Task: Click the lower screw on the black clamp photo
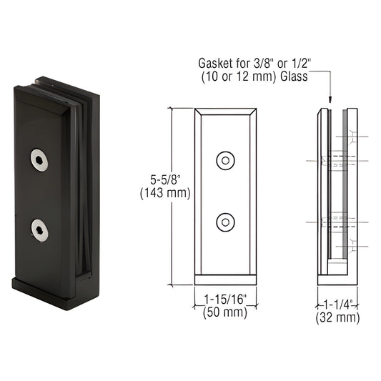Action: tap(40, 229)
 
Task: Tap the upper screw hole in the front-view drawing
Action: tap(226, 160)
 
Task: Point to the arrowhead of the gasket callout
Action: tap(330, 102)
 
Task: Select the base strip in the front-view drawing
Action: tap(225, 279)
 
